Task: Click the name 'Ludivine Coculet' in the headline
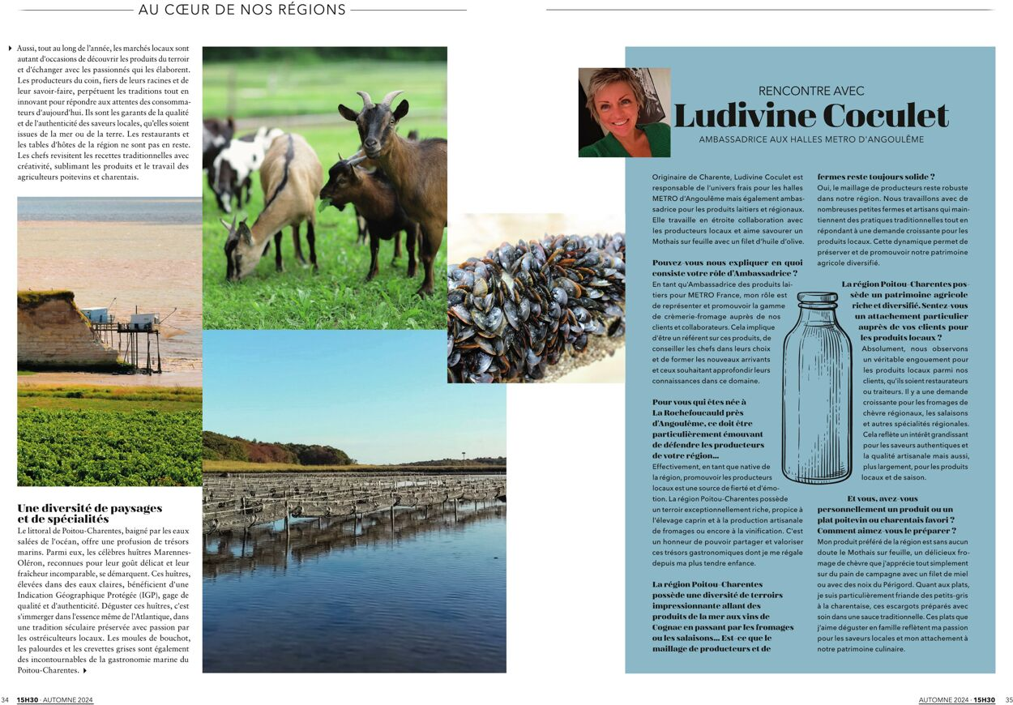[x=810, y=115]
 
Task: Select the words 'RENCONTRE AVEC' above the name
[x=810, y=91]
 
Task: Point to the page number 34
[x=5, y=700]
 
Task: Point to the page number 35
[x=1008, y=700]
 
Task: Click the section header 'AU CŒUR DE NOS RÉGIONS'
[x=242, y=10]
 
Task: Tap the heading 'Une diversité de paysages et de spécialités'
[x=89, y=513]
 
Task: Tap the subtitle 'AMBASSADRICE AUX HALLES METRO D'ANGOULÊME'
[x=810, y=139]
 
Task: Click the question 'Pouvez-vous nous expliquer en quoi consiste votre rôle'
[x=727, y=268]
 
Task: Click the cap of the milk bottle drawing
[x=816, y=298]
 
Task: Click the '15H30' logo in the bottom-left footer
[x=28, y=700]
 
